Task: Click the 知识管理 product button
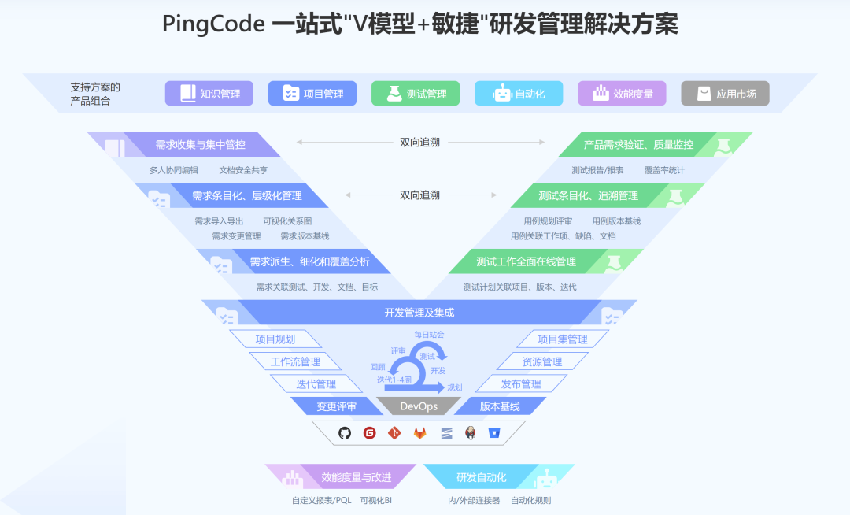209,94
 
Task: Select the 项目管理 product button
312,94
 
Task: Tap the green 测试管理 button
416,94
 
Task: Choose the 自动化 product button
519,94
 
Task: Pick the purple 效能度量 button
622,94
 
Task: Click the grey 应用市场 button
725,94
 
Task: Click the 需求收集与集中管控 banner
200,145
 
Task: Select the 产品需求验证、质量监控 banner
638,145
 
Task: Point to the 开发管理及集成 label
419,313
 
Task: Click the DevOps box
419,406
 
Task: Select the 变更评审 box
337,406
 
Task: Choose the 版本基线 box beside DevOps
500,406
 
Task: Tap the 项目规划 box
275,339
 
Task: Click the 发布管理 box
521,384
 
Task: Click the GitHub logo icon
345,432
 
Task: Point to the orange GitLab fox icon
420,432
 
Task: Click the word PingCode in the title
213,24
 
